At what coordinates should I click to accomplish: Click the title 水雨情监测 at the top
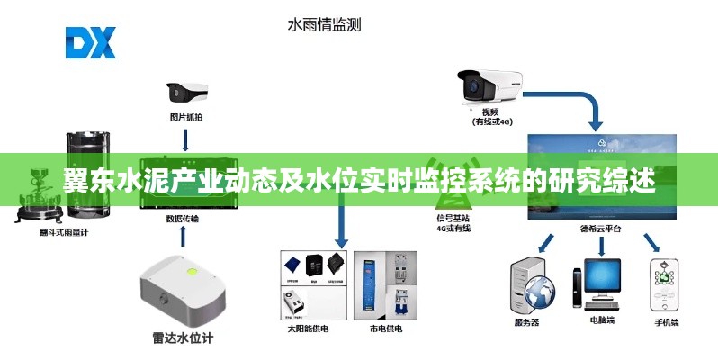(x=324, y=25)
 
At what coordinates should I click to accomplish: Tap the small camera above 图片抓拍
(x=186, y=93)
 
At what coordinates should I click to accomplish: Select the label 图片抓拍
(x=185, y=114)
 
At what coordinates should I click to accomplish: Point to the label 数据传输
(x=184, y=218)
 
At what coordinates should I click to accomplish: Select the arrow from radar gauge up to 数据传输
(x=184, y=237)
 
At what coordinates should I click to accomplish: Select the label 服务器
(x=526, y=322)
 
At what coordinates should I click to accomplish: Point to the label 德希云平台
(x=601, y=229)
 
